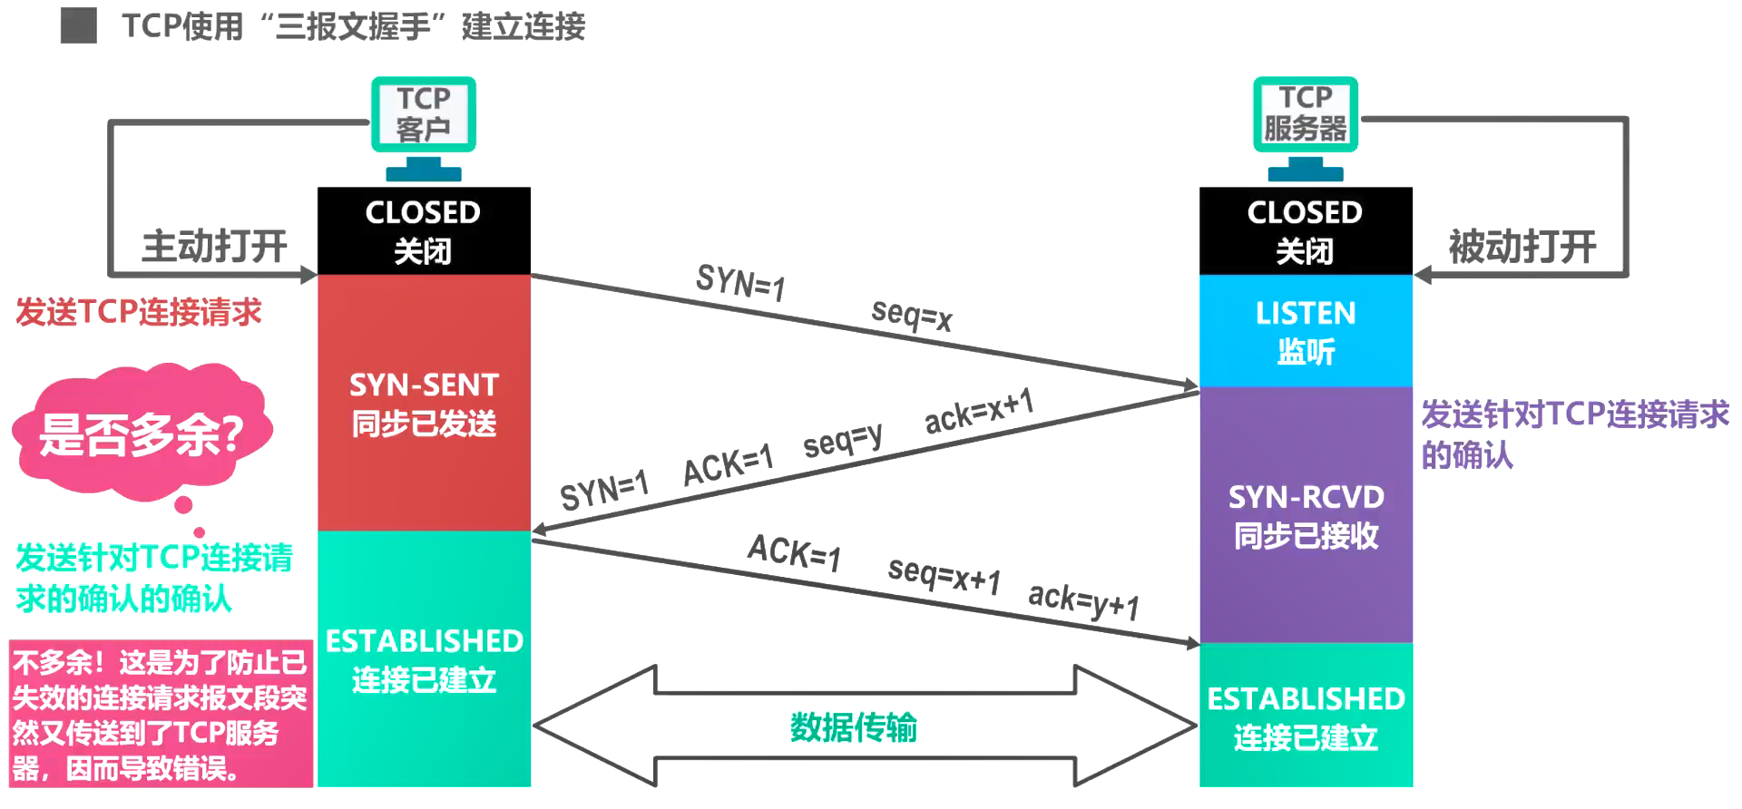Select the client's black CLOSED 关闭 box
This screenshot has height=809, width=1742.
click(423, 230)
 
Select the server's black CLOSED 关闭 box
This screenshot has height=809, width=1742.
click(1305, 230)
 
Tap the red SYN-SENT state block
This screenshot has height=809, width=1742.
click(423, 403)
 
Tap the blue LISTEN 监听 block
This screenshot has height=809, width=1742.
click(1305, 331)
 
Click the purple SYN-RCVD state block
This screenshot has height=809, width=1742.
click(1305, 515)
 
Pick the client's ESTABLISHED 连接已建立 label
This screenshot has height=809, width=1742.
click(423, 659)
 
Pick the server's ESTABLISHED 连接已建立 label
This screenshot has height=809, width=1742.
click(1305, 716)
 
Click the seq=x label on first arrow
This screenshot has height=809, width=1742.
click(911, 315)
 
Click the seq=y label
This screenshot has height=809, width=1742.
click(842, 441)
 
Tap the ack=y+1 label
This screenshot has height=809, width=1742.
click(1083, 600)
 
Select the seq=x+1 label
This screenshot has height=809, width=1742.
click(944, 575)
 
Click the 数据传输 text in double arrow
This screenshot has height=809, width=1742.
click(853, 726)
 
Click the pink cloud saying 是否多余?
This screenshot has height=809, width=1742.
click(141, 434)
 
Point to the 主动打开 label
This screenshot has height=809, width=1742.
click(214, 246)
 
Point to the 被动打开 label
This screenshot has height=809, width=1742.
click(1522, 246)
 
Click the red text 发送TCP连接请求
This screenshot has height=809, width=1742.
click(138, 312)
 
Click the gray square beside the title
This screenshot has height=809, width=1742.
click(79, 25)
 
